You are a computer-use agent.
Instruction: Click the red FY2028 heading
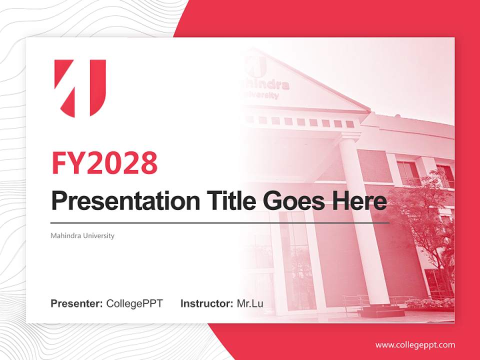coord(104,163)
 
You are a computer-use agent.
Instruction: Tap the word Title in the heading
coord(230,201)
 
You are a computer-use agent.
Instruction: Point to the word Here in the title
coord(358,201)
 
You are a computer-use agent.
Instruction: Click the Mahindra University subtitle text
coord(82,235)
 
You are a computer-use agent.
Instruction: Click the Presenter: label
coord(76,303)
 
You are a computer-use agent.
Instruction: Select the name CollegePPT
coord(134,303)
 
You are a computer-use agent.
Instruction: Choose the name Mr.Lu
coord(250,303)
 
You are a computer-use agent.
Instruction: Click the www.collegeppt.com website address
coord(415,345)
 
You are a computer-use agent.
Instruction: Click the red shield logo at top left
coord(80,88)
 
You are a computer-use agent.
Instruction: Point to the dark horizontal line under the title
coord(220,222)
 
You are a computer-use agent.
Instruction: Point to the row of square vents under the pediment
coord(300,121)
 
